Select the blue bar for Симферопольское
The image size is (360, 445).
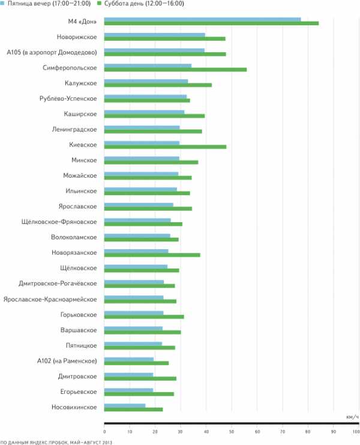tap(148, 65)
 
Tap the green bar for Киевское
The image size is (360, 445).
tap(165, 147)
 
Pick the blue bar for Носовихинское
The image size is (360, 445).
tap(125, 405)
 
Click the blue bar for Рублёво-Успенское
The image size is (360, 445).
tap(145, 96)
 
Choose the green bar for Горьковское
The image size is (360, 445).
tap(144, 316)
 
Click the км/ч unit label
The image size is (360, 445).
tap(352, 416)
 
